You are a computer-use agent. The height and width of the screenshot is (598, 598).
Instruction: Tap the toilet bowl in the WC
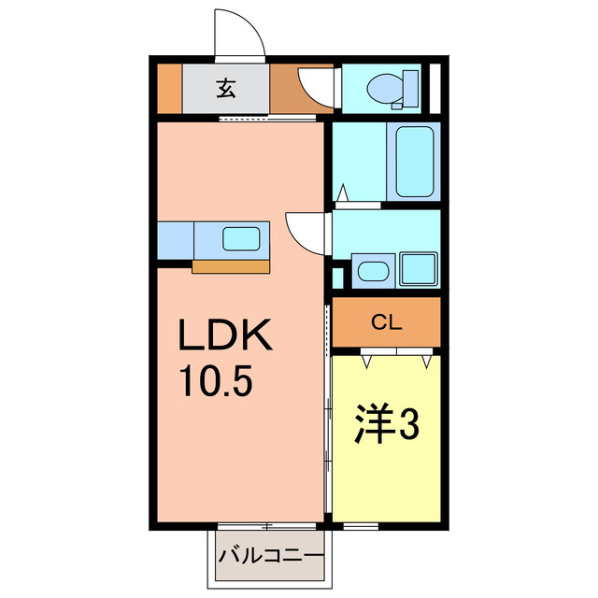385,89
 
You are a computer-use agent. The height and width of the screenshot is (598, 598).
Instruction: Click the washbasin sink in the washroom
374,272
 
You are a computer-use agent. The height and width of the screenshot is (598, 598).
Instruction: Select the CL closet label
386,323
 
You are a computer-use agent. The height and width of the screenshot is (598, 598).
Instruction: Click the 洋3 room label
384,425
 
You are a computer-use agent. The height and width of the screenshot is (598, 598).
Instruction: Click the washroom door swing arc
304,229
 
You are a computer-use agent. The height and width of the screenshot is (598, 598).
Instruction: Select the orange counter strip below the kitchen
230,266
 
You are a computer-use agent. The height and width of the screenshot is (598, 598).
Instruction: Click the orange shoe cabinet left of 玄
168,89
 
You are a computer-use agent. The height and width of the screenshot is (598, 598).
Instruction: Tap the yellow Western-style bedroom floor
385,477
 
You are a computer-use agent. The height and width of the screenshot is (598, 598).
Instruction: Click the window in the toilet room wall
433,88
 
